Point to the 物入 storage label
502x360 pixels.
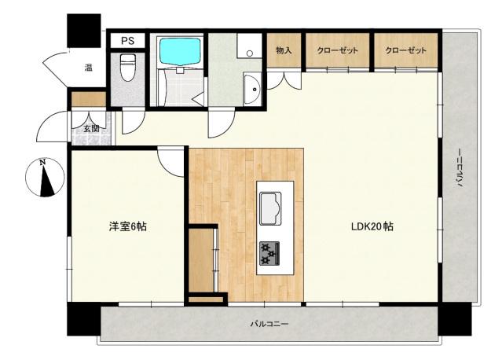pos(284,51)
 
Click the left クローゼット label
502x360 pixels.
pos(337,51)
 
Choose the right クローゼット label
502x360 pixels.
pos(405,51)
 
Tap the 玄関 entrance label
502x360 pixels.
pos(92,128)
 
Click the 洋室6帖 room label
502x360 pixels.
pos(127,226)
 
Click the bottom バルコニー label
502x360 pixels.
pos(269,323)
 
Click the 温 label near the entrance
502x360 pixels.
pos(89,68)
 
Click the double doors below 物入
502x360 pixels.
pos(284,79)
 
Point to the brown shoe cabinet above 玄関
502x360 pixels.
pos(86,99)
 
